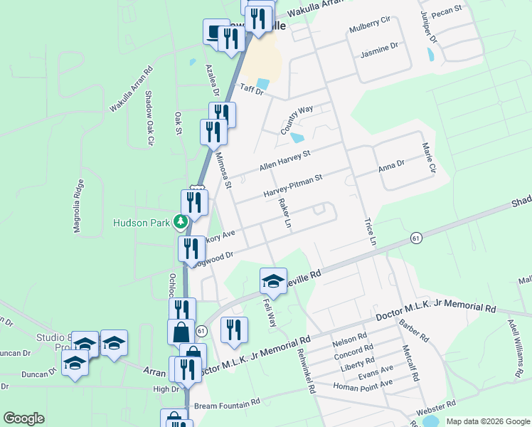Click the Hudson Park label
point(142,223)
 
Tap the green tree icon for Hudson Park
point(181,222)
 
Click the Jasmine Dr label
point(378,51)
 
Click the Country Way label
point(297,120)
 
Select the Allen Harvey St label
point(284,160)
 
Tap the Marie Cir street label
point(427,158)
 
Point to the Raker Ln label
point(285,213)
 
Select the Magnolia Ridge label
point(78,206)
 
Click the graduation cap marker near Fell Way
point(273,281)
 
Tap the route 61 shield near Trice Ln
point(415,238)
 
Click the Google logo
point(23,418)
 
